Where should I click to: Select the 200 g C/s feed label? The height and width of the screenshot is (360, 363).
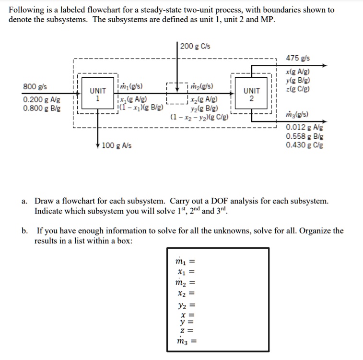(x=196, y=46)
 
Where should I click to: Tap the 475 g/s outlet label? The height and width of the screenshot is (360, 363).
(x=297, y=58)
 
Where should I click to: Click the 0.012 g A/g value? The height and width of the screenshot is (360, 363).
(x=304, y=127)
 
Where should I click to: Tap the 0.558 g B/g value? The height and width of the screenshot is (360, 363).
(x=304, y=136)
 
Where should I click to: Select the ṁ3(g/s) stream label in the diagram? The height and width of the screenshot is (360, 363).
(x=297, y=115)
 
